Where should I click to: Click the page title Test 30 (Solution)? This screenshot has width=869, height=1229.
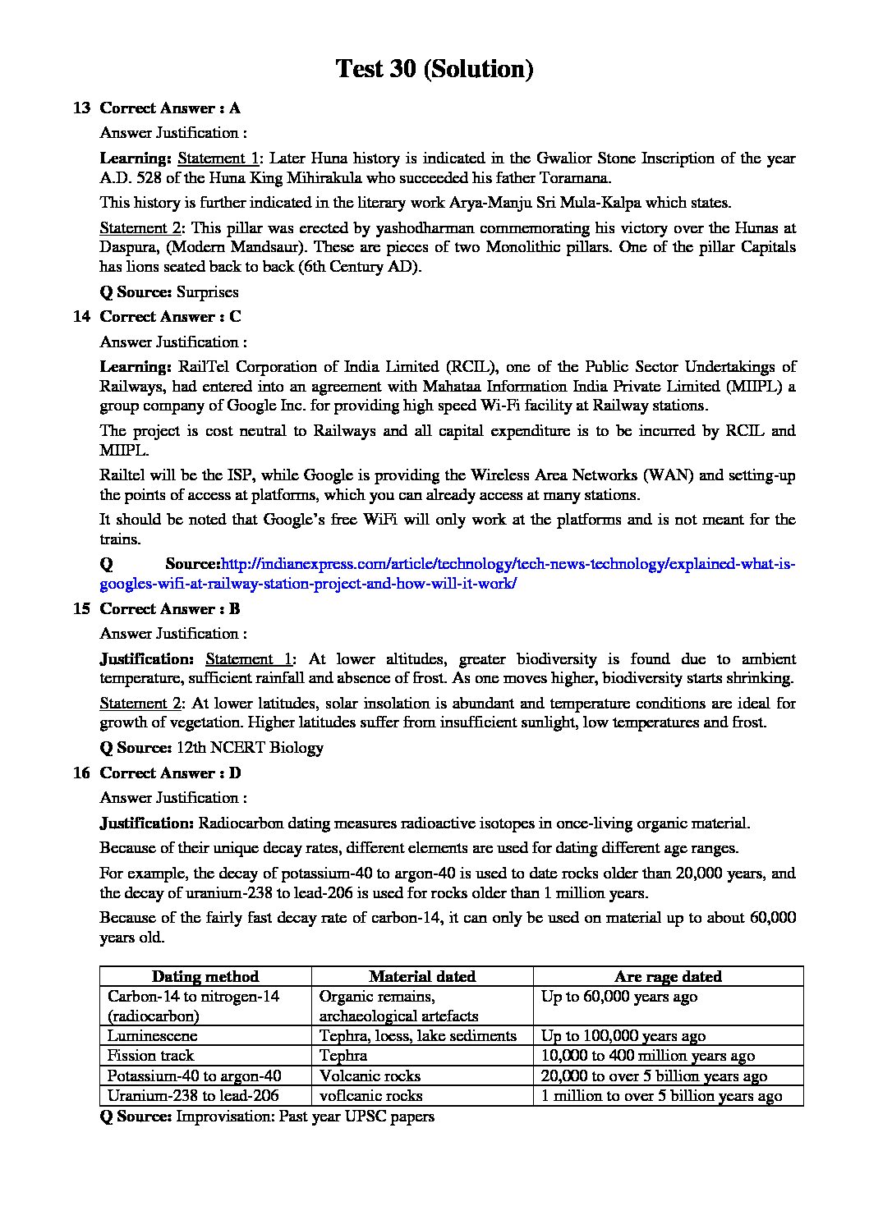(434, 69)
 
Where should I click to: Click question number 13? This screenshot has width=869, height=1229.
(81, 108)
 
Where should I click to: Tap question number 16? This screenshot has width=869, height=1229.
(81, 773)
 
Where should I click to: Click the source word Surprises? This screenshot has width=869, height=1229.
(208, 292)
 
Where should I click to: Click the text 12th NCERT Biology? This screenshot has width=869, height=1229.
(250, 748)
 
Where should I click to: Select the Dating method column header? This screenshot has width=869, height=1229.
(205, 977)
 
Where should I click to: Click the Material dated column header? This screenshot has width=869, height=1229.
(422, 977)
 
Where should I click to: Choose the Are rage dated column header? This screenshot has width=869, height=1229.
(668, 977)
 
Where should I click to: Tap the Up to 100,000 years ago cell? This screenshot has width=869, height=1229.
(623, 1036)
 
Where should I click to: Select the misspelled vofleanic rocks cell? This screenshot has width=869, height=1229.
(370, 1096)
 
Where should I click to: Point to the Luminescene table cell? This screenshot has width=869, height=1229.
(152, 1036)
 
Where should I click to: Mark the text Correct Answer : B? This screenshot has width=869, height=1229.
(170, 609)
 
